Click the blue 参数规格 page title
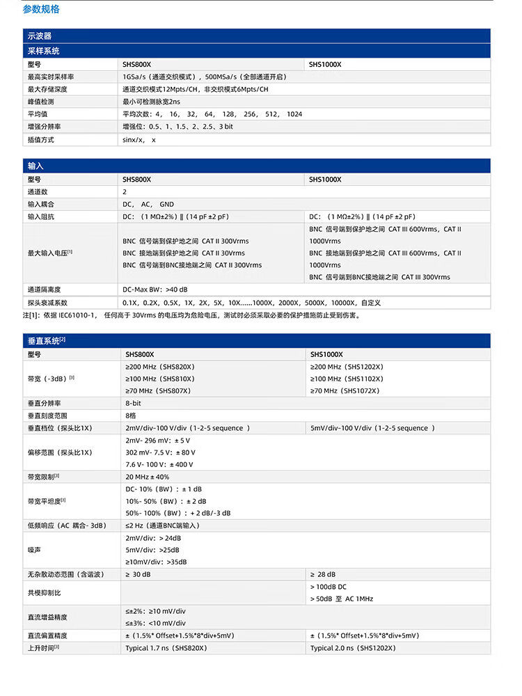(41, 10)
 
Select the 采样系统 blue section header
(43, 51)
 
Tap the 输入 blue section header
(35, 166)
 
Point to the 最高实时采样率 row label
(51, 77)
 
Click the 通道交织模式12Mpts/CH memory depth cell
(195, 89)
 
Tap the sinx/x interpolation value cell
(139, 140)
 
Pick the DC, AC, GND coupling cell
(148, 204)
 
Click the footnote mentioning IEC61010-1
(191, 315)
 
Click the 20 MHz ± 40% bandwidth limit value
(147, 477)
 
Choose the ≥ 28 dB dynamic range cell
(322, 574)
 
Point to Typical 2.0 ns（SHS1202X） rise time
(353, 648)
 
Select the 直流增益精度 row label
(47, 617)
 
